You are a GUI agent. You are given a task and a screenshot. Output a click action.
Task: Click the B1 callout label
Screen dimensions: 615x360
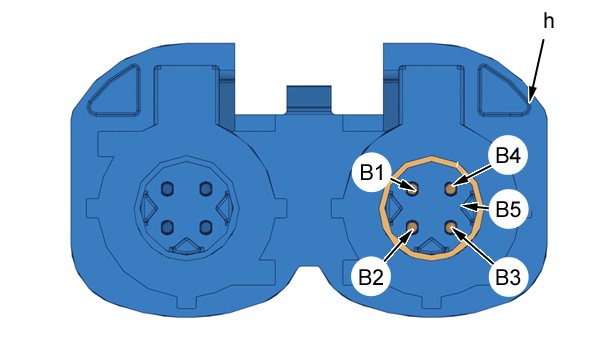(371, 173)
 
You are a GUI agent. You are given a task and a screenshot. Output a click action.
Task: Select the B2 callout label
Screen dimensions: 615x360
(371, 277)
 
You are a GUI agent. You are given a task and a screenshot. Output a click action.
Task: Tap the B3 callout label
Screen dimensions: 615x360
(508, 277)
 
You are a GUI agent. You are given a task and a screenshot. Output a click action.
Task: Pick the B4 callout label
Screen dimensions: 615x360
(508, 156)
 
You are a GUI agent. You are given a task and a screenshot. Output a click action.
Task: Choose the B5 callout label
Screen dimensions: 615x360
(508, 209)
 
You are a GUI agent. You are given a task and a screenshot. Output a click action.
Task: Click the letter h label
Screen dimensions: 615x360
(549, 21)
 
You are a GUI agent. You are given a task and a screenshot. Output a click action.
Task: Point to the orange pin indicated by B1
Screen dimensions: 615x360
(412, 189)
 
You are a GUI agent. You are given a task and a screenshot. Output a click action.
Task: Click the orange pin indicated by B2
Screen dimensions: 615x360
(412, 226)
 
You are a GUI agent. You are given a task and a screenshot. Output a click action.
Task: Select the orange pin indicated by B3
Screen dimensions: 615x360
(450, 226)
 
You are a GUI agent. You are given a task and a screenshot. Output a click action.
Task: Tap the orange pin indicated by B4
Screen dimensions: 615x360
(450, 189)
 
